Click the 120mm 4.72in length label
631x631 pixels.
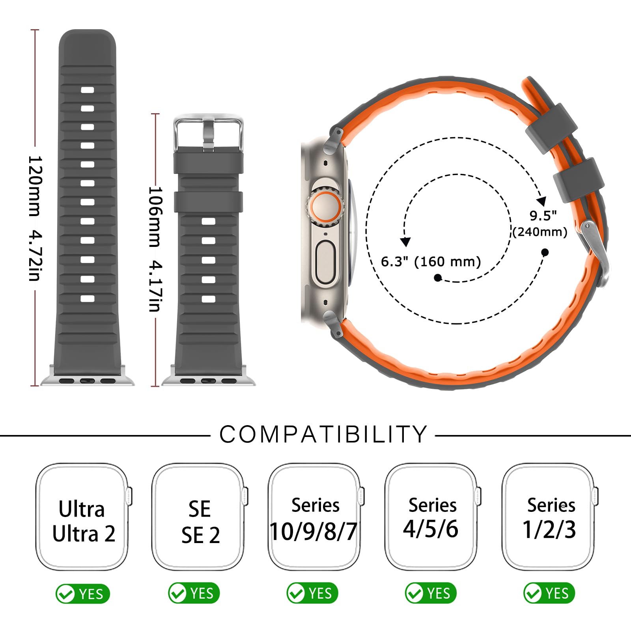(x=35, y=218)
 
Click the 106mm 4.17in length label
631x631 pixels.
(x=155, y=249)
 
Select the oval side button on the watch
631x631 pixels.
(x=325, y=263)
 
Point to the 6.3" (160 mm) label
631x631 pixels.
(x=431, y=261)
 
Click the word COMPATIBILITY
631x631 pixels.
(x=323, y=435)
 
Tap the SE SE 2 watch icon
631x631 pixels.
(x=200, y=517)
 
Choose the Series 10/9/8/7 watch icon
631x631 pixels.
(x=315, y=517)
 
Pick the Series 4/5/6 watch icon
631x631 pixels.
(x=432, y=517)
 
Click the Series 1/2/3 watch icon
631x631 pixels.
(x=550, y=517)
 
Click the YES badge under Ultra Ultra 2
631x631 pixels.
(x=82, y=594)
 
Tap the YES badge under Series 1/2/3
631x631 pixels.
(x=549, y=593)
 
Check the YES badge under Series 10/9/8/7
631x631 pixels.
(x=312, y=593)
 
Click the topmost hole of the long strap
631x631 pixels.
(x=87, y=90)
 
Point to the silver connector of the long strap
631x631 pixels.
(x=87, y=376)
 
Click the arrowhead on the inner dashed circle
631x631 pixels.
(x=405, y=242)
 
